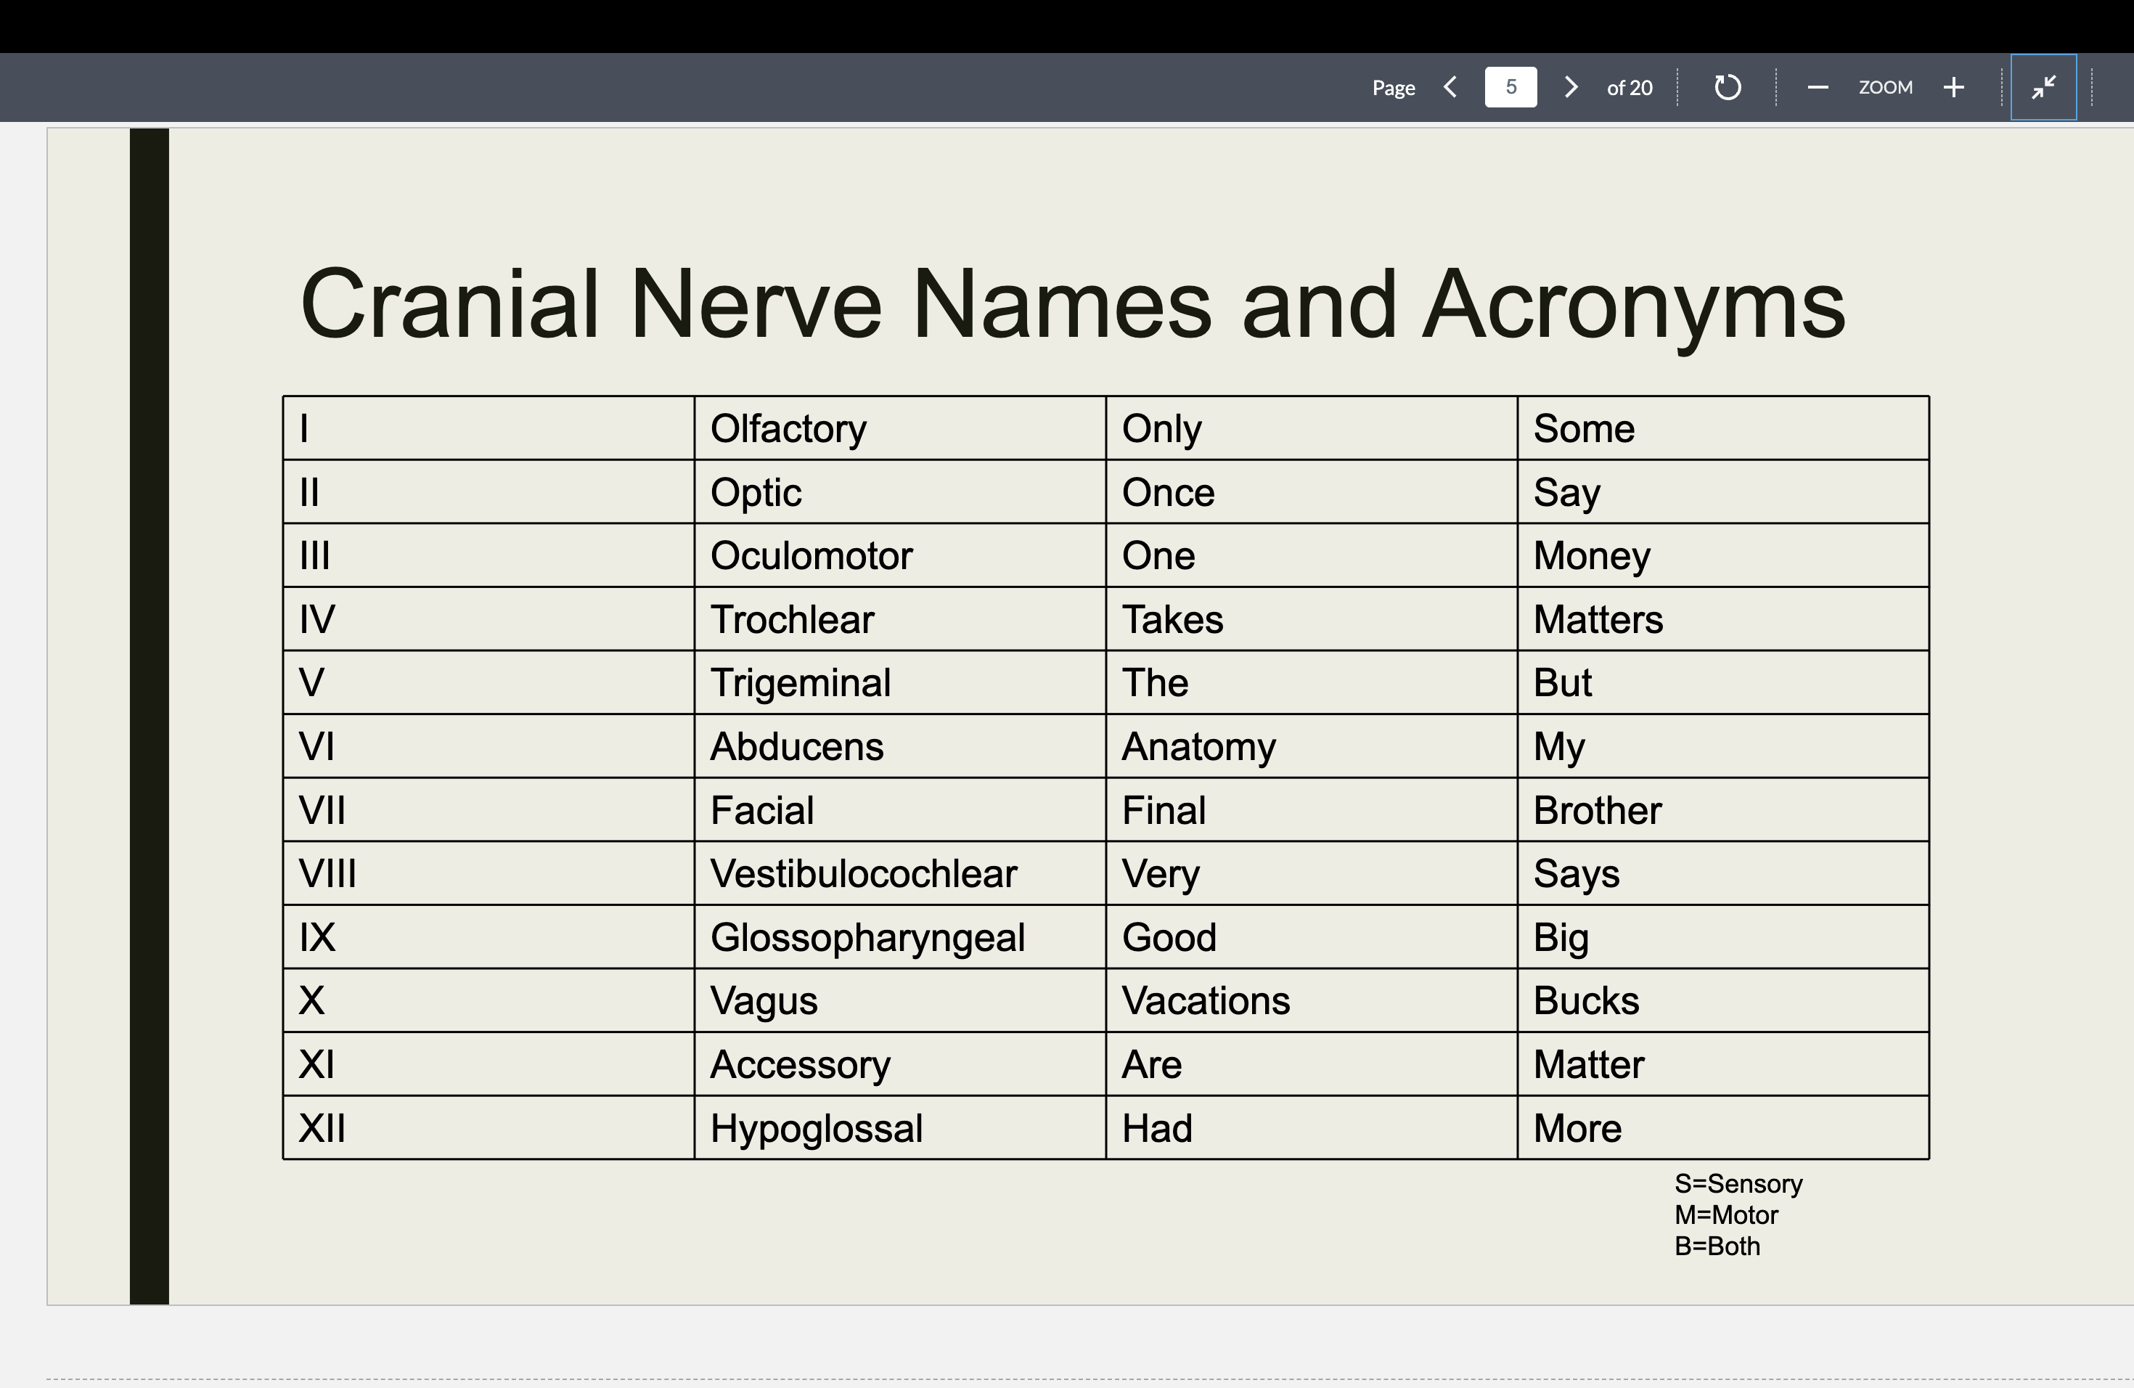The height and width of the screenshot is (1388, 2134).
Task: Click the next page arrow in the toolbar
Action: [1570, 87]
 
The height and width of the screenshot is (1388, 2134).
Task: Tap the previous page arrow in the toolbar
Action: [1450, 87]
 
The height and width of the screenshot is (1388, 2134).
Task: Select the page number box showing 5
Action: [1510, 87]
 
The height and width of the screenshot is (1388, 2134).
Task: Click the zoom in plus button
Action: [1954, 87]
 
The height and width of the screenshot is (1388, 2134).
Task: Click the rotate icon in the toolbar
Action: [1727, 87]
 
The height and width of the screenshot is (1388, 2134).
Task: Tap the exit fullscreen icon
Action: [2043, 87]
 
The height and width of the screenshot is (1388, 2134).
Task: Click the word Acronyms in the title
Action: [1634, 305]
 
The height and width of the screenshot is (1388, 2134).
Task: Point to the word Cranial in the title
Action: [449, 305]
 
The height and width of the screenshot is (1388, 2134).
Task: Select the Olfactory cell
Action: [788, 428]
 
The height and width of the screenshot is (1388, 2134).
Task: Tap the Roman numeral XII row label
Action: [322, 1128]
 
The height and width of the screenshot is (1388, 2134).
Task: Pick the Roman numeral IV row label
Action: [317, 619]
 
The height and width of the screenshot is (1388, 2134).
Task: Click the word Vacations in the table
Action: [1205, 1000]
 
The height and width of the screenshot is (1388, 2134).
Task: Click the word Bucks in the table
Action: [1585, 1000]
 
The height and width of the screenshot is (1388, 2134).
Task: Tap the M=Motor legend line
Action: [1726, 1215]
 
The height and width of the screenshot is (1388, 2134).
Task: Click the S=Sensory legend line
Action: [1738, 1183]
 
